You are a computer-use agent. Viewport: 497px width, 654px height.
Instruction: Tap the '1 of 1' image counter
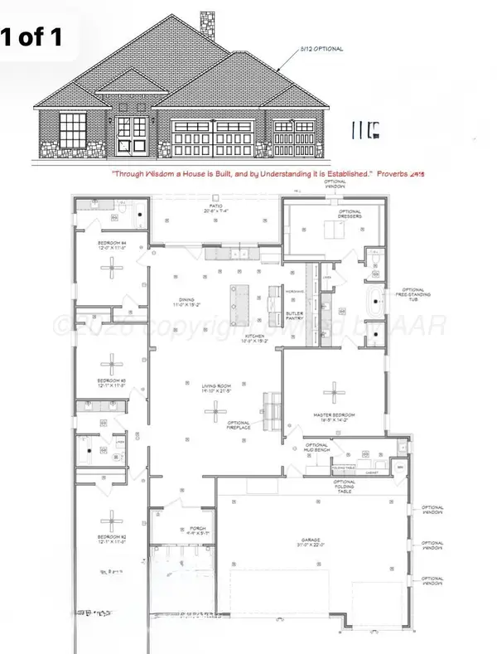click(x=40, y=36)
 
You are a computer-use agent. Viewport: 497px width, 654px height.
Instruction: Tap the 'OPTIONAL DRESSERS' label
click(x=350, y=214)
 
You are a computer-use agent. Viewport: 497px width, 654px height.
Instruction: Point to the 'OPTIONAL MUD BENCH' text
click(x=318, y=448)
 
